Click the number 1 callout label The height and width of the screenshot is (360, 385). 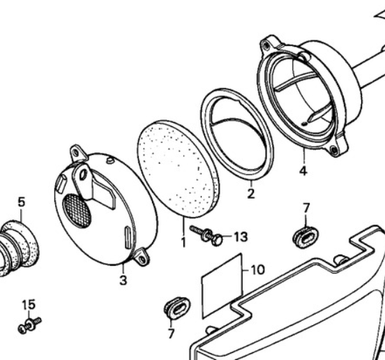tap(183, 242)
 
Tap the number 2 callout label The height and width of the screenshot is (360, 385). tap(250, 193)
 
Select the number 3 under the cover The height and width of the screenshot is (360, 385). tap(123, 280)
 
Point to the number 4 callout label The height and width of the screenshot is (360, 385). tap(303, 171)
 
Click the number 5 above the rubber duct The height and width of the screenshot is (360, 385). tap(22, 202)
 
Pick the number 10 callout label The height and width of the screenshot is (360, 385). tap(257, 269)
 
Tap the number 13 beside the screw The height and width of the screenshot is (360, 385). tap(241, 237)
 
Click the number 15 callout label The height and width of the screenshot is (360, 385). tap(29, 304)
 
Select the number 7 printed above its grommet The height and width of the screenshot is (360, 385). tap(306, 208)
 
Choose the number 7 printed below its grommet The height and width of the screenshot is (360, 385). tap(171, 333)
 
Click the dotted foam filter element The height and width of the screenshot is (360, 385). tap(179, 170)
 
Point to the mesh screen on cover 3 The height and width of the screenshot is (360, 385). tap(77, 211)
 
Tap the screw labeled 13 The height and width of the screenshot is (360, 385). tap(206, 234)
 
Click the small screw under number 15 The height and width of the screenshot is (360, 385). tap(30, 326)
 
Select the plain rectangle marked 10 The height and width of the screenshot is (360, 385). tap(222, 286)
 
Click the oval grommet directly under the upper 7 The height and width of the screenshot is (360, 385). tap(305, 237)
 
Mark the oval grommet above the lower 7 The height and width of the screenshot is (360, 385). tap(176, 308)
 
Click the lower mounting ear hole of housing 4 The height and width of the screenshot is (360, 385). tap(333, 149)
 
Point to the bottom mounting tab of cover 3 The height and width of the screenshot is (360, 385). tap(142, 257)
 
